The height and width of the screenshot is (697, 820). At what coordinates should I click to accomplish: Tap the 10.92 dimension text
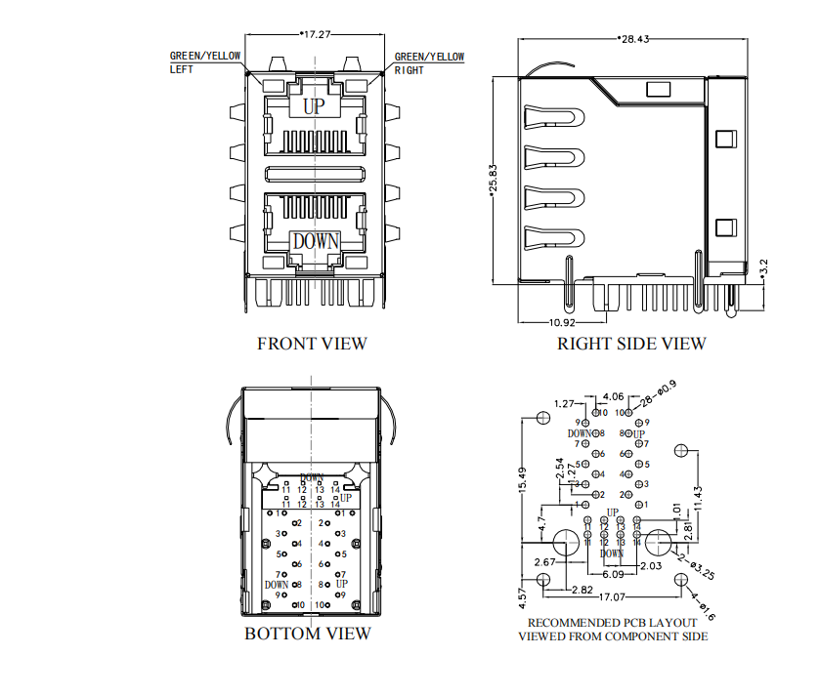click(x=561, y=322)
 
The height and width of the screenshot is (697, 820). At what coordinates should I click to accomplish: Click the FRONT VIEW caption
click(x=312, y=344)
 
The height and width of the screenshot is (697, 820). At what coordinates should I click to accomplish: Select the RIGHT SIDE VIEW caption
click(x=630, y=344)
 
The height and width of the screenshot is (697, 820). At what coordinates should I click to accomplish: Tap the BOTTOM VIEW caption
click(x=308, y=634)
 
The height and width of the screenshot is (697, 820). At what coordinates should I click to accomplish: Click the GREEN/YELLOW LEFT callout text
click(x=204, y=63)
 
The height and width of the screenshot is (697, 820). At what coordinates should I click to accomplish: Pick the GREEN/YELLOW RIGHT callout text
click(x=429, y=63)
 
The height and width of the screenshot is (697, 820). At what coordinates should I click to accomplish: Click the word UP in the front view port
click(x=313, y=106)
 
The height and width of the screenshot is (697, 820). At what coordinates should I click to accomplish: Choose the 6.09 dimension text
click(x=613, y=575)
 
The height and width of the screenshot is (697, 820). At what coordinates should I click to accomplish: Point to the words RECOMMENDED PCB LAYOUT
click(x=613, y=622)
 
